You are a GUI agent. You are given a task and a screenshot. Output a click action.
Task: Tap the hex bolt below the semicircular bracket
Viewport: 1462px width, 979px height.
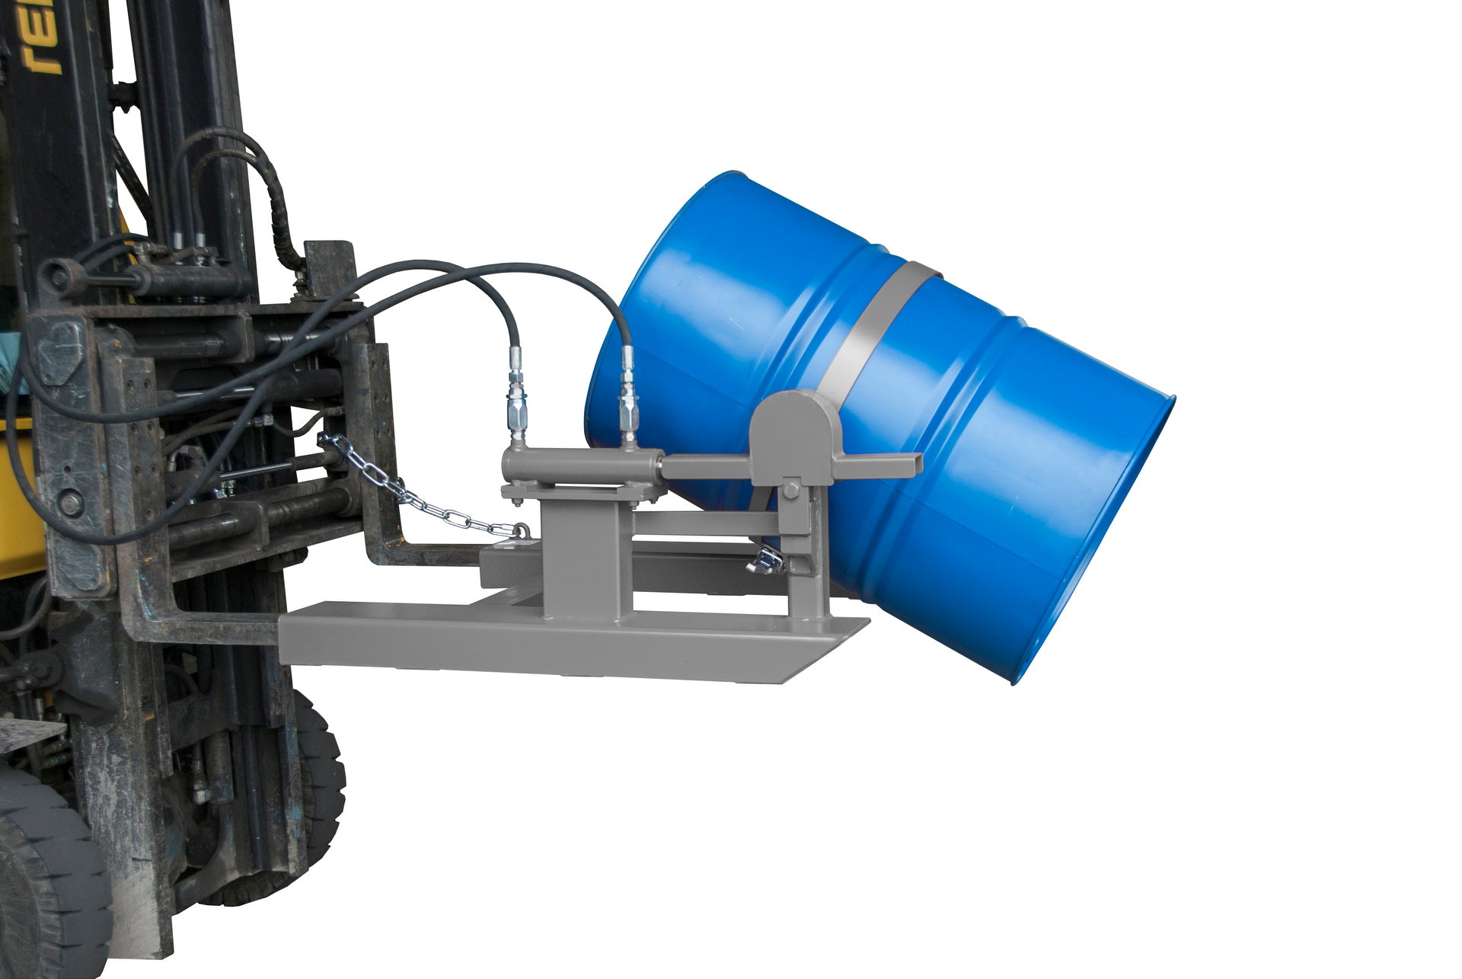point(790,490)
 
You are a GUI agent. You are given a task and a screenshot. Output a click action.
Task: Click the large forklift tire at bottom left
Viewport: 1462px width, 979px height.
point(46,876)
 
